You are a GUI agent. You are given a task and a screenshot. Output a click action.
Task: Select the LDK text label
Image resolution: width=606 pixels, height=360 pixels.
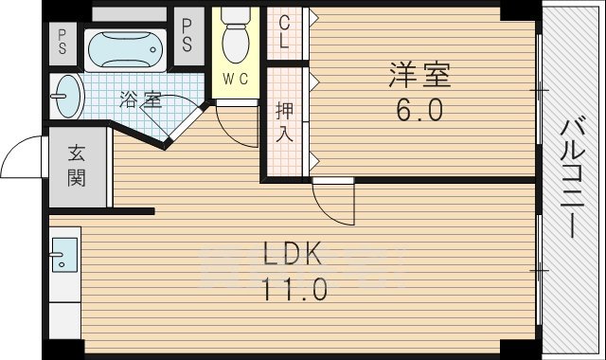pos(293,254)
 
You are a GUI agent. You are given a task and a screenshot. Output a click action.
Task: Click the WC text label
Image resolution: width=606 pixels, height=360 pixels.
pos(236,80)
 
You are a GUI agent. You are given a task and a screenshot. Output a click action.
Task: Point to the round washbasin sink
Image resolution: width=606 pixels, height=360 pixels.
pos(69,95)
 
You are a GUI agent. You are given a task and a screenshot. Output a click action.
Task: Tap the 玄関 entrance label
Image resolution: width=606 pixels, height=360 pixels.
pos(76,165)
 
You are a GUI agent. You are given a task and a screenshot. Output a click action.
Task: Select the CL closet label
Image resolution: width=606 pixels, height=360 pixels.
pos(285,35)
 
